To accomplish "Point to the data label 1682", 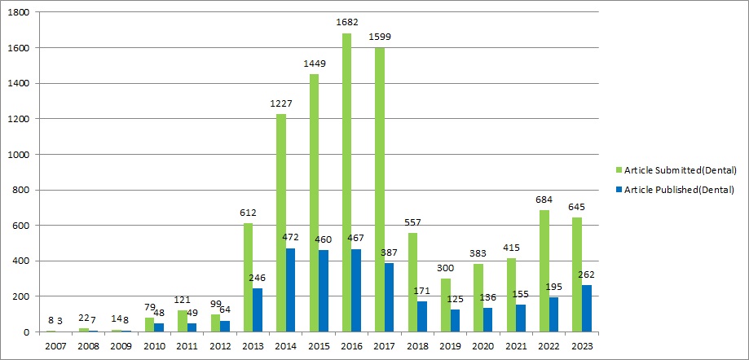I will pyautogui.click(x=347, y=23).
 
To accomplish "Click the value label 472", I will pyautogui.click(x=292, y=237).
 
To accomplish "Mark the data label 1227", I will pyautogui.click(x=281, y=103).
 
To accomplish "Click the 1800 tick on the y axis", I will pyautogui.click(x=20, y=13).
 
